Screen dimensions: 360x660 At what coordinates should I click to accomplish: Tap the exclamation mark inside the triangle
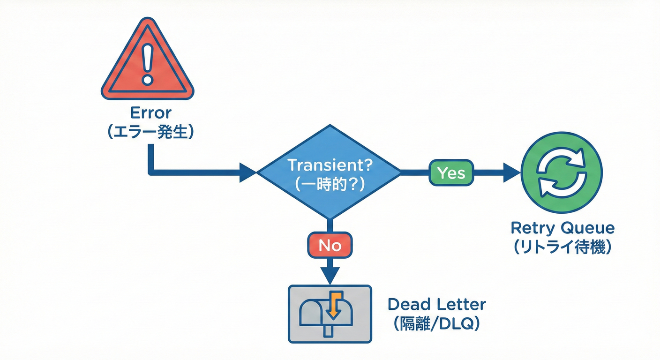[x=148, y=66]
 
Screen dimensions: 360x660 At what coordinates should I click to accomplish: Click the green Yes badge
[x=451, y=172]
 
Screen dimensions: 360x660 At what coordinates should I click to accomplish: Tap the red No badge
[x=330, y=245]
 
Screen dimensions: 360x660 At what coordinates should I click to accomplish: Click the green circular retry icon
[x=562, y=172]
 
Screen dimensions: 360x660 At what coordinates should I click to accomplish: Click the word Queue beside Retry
[x=589, y=228]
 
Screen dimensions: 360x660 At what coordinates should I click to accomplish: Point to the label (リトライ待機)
[x=562, y=247]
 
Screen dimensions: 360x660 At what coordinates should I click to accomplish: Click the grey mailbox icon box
[x=330, y=314]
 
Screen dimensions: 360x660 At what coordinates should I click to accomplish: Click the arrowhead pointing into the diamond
[x=247, y=172]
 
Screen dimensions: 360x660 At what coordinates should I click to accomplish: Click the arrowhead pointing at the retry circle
[x=511, y=172]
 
